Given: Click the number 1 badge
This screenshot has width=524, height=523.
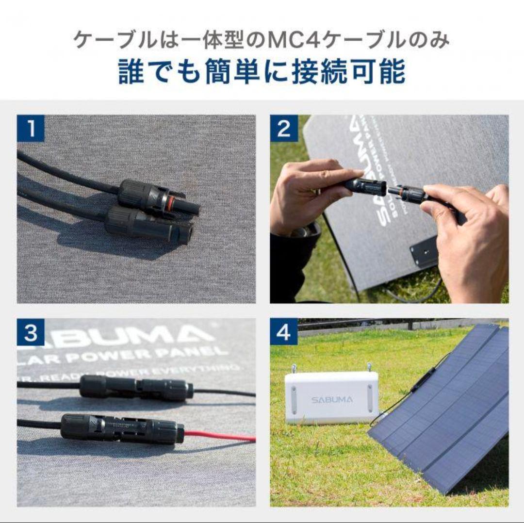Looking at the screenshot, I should click(x=31, y=129).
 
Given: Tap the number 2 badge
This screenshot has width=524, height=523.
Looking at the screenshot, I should click(x=284, y=129).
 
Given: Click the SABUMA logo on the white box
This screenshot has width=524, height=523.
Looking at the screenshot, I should click(x=332, y=399).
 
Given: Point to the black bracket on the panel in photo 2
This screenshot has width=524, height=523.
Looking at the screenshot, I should click(x=424, y=251).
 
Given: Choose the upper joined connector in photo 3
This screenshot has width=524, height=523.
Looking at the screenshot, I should click(x=136, y=388).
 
